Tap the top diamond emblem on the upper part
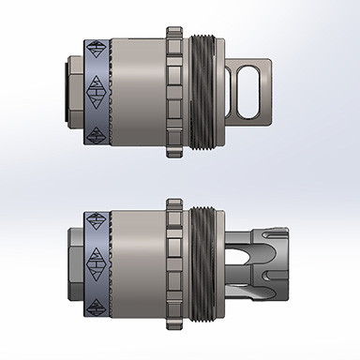pos(97,49)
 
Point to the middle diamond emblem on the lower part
pos(96,260)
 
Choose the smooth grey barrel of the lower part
pos(139,260)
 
